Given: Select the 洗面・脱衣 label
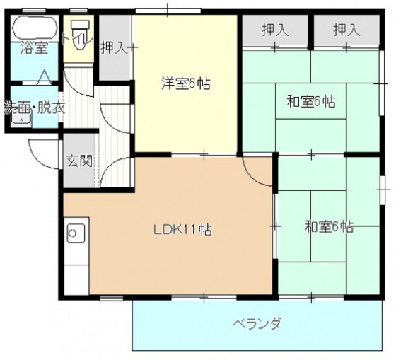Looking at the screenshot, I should [x=35, y=109].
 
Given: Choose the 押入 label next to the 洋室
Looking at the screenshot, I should [x=114, y=47].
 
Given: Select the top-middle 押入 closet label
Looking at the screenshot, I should [x=275, y=30].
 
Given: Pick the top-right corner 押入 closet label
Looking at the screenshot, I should [x=346, y=30].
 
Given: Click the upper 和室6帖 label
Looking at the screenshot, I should [x=310, y=101].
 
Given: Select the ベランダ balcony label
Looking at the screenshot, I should [x=257, y=324].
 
